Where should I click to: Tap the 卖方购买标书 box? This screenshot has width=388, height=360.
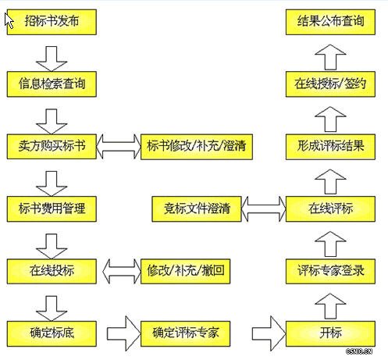click(x=52, y=145)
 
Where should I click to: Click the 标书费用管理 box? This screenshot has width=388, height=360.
click(x=52, y=209)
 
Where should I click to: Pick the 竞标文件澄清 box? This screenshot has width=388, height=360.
click(x=197, y=209)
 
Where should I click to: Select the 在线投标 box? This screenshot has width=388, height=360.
click(x=52, y=271)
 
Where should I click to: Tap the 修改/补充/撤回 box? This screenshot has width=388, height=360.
click(x=183, y=271)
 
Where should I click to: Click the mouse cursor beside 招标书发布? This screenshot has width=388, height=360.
click(x=9, y=20)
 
